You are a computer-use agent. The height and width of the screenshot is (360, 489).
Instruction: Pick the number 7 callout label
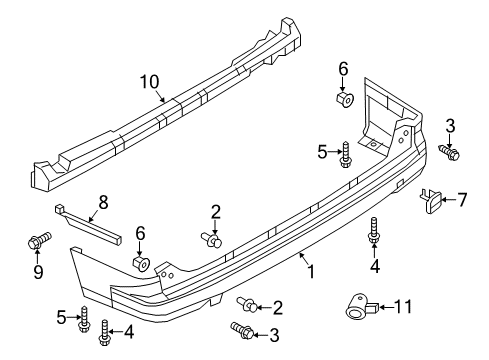(462, 200)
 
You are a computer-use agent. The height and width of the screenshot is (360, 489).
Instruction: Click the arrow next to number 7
(449, 200)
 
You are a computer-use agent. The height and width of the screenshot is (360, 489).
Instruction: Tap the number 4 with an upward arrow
(376, 266)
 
